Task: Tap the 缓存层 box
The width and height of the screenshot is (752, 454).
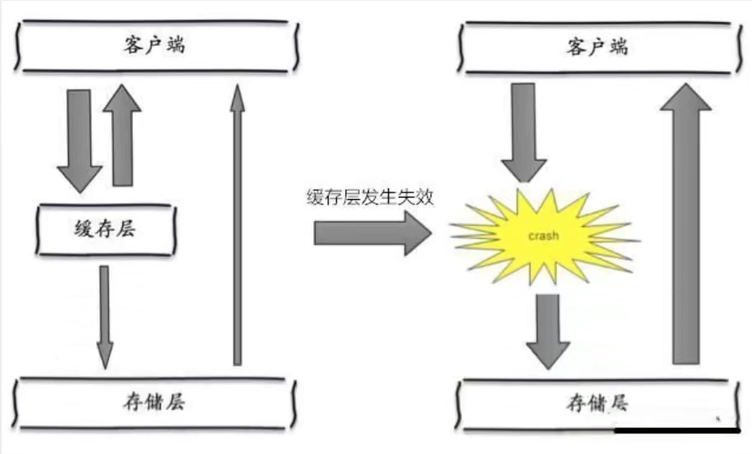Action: click(x=107, y=230)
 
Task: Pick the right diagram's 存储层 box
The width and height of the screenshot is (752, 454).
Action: click(x=595, y=403)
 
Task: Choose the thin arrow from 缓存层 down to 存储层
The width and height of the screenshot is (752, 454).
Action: click(x=105, y=316)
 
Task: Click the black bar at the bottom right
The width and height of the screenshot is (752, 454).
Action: click(x=677, y=429)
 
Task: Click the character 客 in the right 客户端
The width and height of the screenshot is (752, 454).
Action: click(x=572, y=48)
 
